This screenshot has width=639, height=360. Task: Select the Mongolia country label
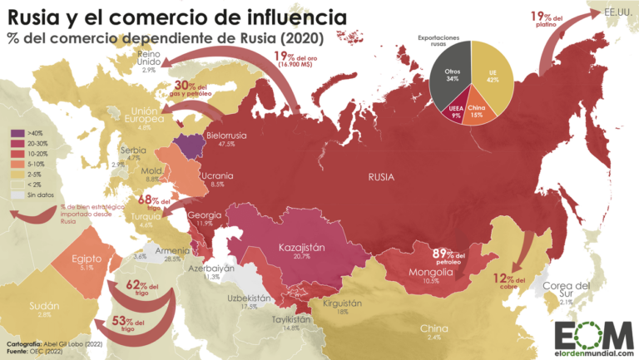(432, 273)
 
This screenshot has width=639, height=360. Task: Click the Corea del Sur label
(567, 292)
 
